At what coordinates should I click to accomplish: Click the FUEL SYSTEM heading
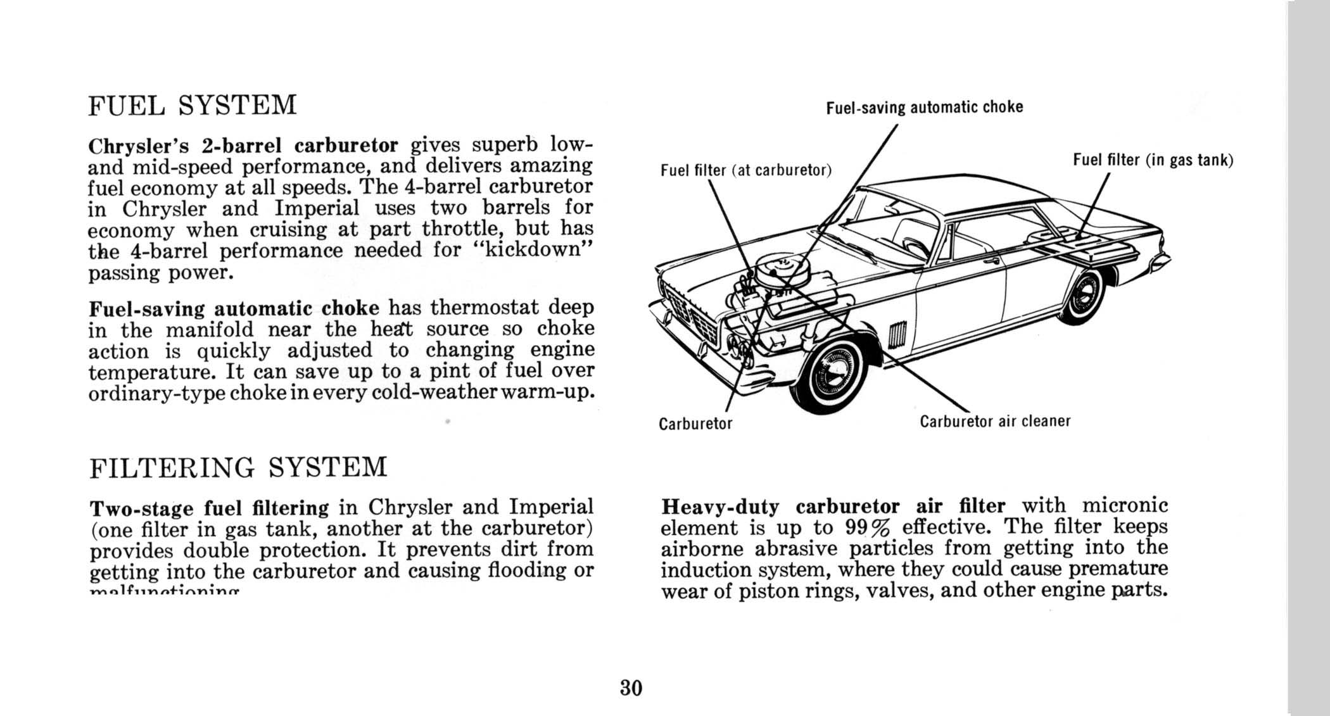pos(192,106)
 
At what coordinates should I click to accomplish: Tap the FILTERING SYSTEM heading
pos(238,468)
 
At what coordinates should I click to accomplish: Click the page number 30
pos(631,688)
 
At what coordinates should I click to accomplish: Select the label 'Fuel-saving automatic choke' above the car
pos(924,108)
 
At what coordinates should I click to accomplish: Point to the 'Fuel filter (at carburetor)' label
pos(745,170)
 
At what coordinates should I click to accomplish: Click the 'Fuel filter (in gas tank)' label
pos(1153,160)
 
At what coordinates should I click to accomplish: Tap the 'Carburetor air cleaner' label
pos(995,422)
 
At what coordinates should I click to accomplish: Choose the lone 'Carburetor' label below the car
pos(695,424)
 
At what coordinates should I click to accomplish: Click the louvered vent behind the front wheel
pos(898,336)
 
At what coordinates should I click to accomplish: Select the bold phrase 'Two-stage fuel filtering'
pos(210,508)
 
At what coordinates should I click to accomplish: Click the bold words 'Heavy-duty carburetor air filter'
pos(832,506)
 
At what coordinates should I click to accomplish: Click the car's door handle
pos(991,260)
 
